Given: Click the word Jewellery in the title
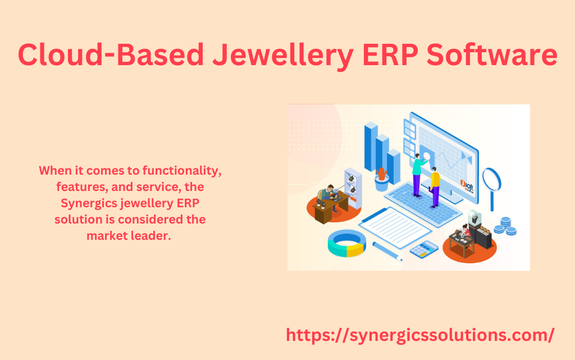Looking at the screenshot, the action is (x=283, y=56).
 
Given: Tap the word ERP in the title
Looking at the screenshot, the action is (x=390, y=55).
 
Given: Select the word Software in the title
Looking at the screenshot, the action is (x=492, y=54).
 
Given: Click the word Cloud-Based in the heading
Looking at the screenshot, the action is (x=111, y=54).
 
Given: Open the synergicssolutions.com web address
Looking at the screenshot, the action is (x=420, y=335).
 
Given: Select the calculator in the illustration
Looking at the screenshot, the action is (x=424, y=249).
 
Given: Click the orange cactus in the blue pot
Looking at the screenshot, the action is (x=382, y=174).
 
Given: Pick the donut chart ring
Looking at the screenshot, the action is (x=346, y=243).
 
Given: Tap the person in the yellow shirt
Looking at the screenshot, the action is (x=435, y=187).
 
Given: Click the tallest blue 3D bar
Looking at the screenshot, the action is (x=371, y=147).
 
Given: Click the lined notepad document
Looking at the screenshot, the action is (x=395, y=227).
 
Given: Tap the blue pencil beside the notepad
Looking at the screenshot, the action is (x=387, y=252).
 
